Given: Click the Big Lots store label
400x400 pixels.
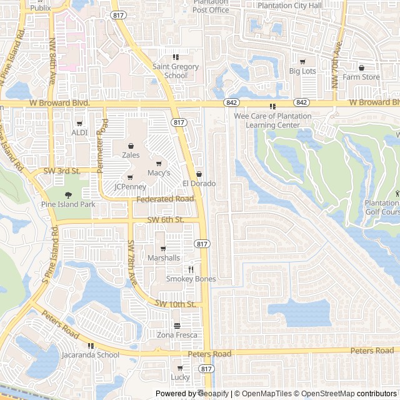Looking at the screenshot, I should pos(302,71).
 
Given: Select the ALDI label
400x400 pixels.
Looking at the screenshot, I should pos(79,132).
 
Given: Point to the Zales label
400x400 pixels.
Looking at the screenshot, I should pos(131,155).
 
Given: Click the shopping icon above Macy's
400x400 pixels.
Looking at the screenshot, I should pos(159,164).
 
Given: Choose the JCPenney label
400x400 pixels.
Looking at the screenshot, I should pos(130,186).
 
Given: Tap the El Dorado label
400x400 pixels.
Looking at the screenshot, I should pos(199,183).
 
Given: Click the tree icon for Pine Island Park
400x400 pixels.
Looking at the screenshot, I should pos(68,194).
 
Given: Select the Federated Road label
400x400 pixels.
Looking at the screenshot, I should pos(166,199).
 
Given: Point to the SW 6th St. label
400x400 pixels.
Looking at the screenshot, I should pos(165,220).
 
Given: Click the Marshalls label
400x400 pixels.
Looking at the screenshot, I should pos(164,257).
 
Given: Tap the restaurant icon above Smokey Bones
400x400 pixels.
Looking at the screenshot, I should pos(191,269).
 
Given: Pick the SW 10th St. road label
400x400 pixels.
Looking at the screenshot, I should pos(176,304).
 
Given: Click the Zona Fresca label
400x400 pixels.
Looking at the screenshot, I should pos(177,335).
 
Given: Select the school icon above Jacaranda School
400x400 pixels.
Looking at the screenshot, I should pos(91,346).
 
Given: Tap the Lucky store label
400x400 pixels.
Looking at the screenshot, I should pos(180,377).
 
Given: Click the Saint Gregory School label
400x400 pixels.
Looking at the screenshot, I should pos(176,71).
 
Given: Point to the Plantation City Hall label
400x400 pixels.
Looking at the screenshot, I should pos(289,6).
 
